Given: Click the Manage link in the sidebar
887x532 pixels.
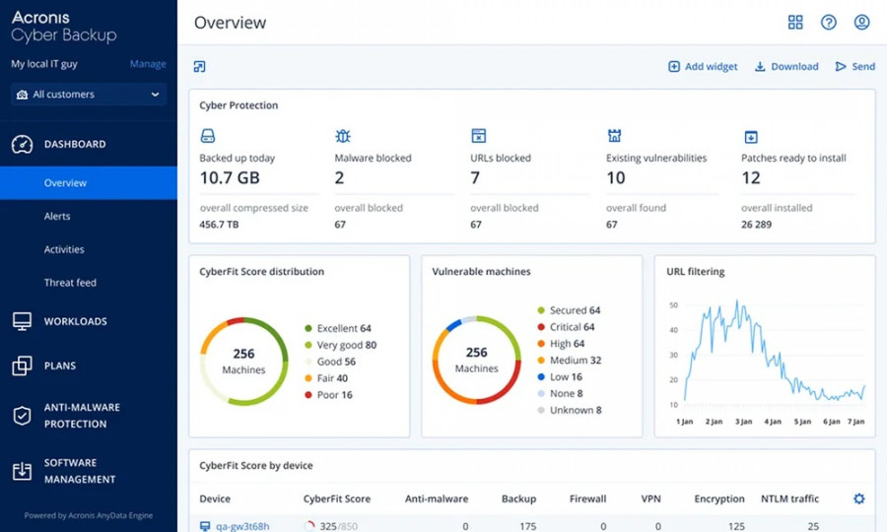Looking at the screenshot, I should pos(148,64).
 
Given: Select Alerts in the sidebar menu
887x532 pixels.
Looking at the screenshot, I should pos(57,216).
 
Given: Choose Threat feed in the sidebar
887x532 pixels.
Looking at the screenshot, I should pos(70,283).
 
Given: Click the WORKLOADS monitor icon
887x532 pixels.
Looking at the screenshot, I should pos(22,321).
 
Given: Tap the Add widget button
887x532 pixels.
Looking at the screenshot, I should pos(703,67).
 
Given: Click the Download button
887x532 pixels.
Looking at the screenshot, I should pos(786,67).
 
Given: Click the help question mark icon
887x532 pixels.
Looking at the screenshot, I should pos(829,23).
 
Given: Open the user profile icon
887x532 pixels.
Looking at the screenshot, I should pos(861,23).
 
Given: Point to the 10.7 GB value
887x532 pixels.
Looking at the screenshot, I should pos(230,178).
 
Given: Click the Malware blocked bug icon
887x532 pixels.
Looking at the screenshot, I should pos(343,136).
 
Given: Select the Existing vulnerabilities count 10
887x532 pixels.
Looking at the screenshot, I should pos(616,178).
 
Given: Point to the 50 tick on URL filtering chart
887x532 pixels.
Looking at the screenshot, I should pos(674,305).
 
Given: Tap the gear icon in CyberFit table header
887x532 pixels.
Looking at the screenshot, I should pos(858,499).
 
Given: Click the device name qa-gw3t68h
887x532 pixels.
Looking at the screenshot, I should pos(242,526).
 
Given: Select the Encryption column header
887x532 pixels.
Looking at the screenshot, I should pos(718,499).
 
